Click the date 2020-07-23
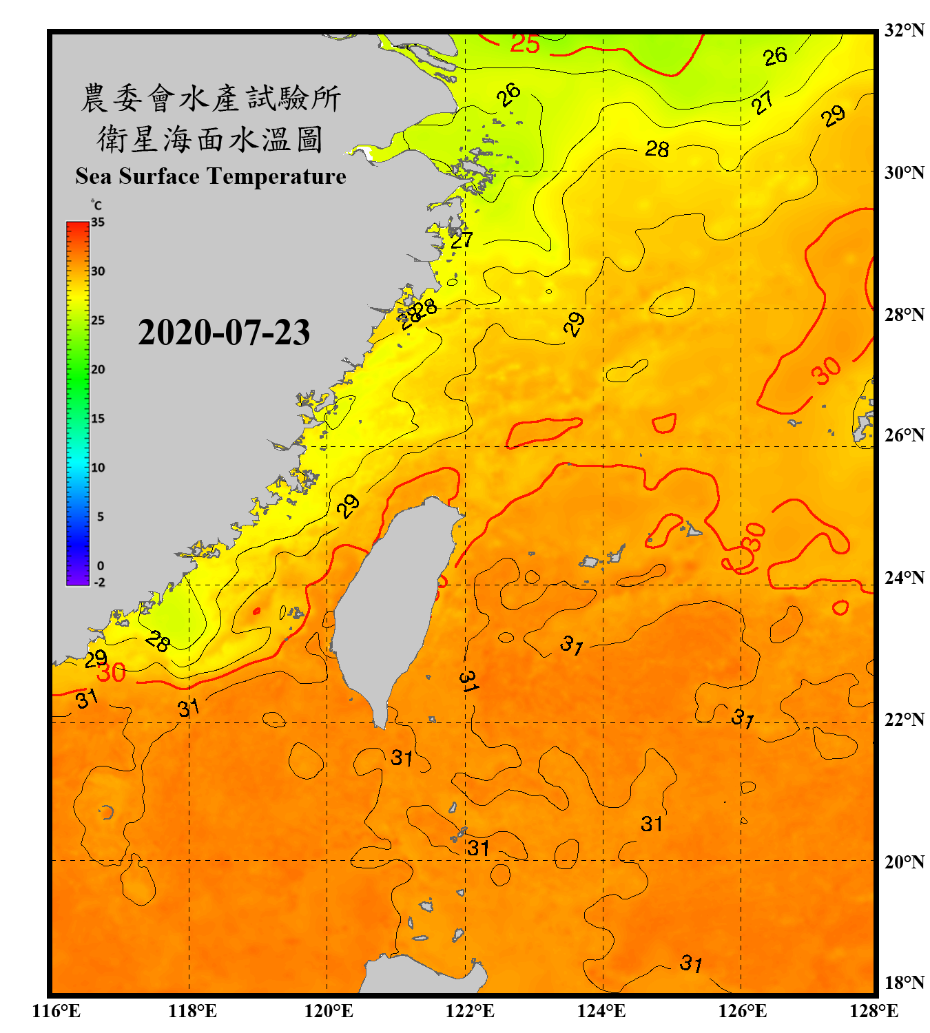(224, 332)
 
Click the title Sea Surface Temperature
(210, 176)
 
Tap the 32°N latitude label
(904, 30)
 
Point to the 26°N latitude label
(904, 435)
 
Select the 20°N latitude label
(904, 862)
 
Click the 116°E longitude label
(56, 1011)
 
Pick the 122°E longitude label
(470, 1011)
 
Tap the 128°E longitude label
(874, 1011)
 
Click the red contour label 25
(525, 44)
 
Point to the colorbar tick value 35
(98, 222)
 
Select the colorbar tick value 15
(98, 419)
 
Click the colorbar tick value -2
(100, 583)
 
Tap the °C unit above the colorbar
(96, 205)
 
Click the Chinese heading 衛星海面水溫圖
(210, 139)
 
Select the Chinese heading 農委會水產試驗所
(210, 98)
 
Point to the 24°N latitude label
(904, 577)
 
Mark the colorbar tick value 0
(101, 566)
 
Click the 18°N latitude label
(904, 983)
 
